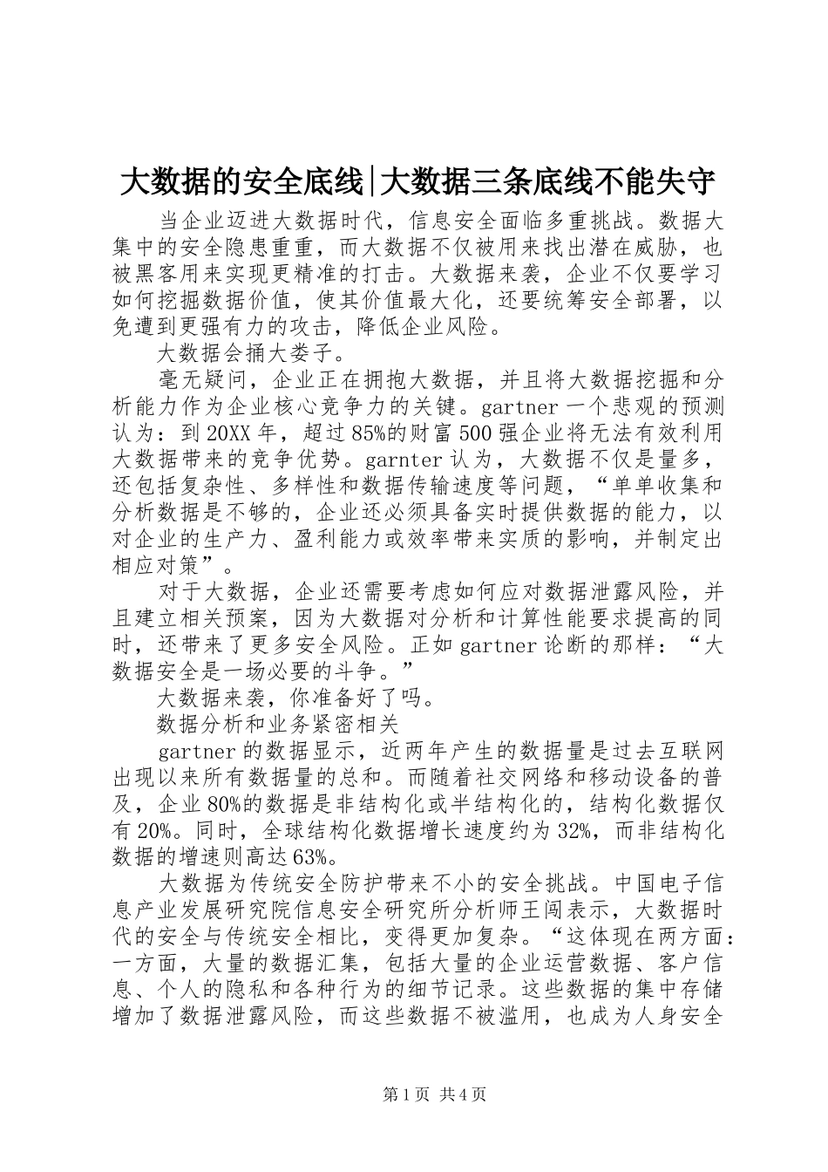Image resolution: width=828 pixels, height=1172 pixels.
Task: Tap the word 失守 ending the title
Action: point(689,182)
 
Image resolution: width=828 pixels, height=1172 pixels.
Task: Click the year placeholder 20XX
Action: point(231,433)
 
